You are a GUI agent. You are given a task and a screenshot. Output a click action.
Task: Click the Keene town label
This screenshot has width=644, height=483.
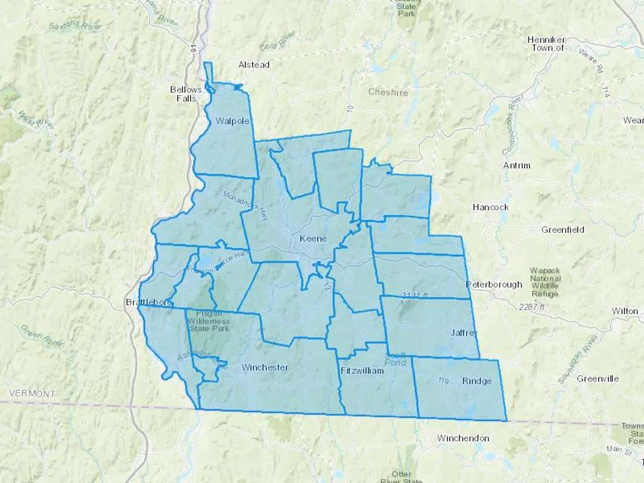[x=313, y=239]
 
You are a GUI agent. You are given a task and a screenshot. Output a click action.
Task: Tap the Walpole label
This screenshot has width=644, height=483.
[x=233, y=121]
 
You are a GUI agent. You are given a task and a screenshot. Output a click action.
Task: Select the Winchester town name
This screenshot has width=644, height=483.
[x=265, y=367]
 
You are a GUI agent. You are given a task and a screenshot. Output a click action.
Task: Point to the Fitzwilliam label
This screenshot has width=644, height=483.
[x=362, y=371]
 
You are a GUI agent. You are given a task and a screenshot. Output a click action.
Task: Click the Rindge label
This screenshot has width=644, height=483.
[x=477, y=381]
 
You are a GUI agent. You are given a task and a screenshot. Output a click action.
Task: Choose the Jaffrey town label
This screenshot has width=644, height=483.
[x=464, y=333]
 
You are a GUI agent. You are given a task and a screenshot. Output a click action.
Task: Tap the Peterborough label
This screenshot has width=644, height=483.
[x=494, y=285]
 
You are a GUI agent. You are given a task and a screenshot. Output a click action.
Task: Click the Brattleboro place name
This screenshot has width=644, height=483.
[x=148, y=303]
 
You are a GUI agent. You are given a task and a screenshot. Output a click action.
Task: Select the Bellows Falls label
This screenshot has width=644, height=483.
[x=186, y=94]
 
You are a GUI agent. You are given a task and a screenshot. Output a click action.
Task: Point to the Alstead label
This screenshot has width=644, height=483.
[x=254, y=65]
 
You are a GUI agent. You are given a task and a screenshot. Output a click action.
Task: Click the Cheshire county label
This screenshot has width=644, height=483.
[x=388, y=92]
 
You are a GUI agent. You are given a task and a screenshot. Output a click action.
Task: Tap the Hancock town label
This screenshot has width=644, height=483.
[x=491, y=207]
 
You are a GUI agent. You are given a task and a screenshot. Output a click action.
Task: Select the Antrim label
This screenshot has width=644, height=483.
[x=516, y=166]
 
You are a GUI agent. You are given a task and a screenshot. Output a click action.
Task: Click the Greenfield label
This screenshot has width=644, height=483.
[x=562, y=230]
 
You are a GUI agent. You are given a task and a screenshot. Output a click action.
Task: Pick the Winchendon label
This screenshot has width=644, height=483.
[x=463, y=438]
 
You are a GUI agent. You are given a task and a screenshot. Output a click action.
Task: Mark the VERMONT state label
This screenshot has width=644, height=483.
[x=32, y=394]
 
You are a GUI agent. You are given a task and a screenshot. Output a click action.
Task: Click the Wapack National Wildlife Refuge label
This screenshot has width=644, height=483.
[x=545, y=282]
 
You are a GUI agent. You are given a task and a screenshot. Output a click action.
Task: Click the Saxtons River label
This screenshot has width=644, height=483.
[x=75, y=26]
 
